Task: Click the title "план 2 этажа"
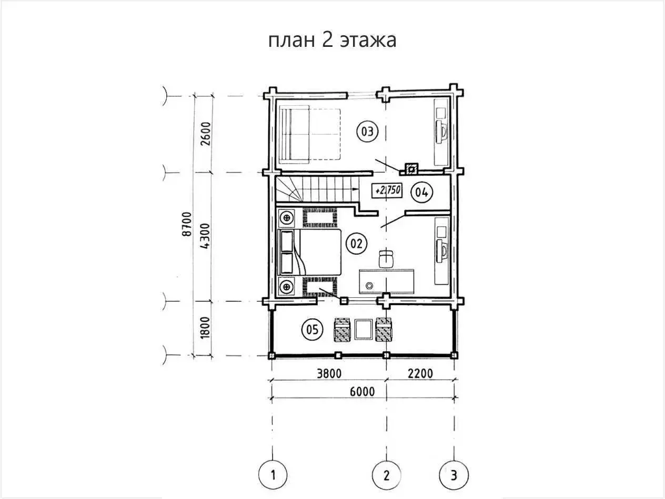[332, 40]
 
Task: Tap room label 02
[356, 243]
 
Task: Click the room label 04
[422, 192]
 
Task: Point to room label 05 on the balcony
[311, 330]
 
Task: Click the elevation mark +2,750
[387, 191]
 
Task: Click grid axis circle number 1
[273, 475]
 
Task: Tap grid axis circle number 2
[387, 475]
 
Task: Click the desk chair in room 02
[387, 258]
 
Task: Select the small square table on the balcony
[364, 330]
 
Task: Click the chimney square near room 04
[411, 169]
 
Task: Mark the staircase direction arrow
[356, 188]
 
